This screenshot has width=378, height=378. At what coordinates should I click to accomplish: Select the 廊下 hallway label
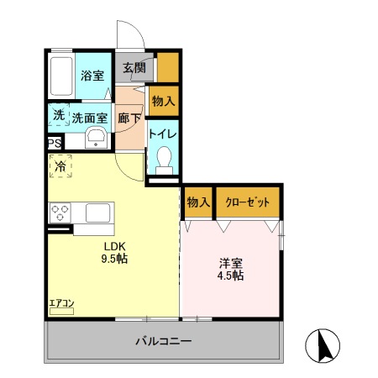coord(129,118)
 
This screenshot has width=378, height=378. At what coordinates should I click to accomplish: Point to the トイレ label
coord(162,133)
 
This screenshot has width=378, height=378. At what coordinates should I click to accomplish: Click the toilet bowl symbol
coord(164,158)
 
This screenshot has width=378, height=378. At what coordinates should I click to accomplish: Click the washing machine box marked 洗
coord(58,114)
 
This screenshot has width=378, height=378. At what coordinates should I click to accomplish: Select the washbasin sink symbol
coord(96,138)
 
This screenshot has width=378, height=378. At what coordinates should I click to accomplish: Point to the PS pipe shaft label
coord(54,144)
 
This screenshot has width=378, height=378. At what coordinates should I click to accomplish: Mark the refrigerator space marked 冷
coord(60,166)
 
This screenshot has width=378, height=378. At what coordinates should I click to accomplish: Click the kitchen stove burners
coord(60,211)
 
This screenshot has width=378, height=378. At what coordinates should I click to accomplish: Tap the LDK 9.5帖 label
coord(115,252)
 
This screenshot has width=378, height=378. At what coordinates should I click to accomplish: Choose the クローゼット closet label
coord(246,202)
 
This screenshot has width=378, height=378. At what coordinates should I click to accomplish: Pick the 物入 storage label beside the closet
coord(197,202)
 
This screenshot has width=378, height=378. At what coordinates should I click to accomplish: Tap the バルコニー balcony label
coord(164,342)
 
